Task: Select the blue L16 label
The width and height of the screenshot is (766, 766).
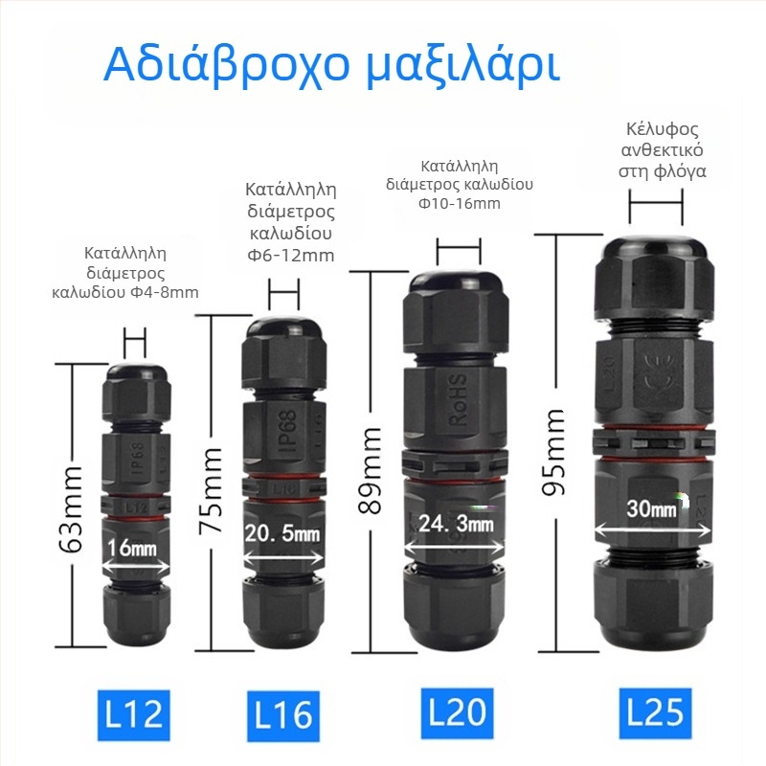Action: [284, 713]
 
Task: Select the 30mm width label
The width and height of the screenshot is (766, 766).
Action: [651, 509]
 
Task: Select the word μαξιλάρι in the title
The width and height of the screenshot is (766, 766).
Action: [463, 64]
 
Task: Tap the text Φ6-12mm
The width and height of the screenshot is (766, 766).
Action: [290, 254]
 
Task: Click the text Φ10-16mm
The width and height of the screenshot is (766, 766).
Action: [460, 202]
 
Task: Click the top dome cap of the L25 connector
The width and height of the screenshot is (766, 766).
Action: [655, 237]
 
